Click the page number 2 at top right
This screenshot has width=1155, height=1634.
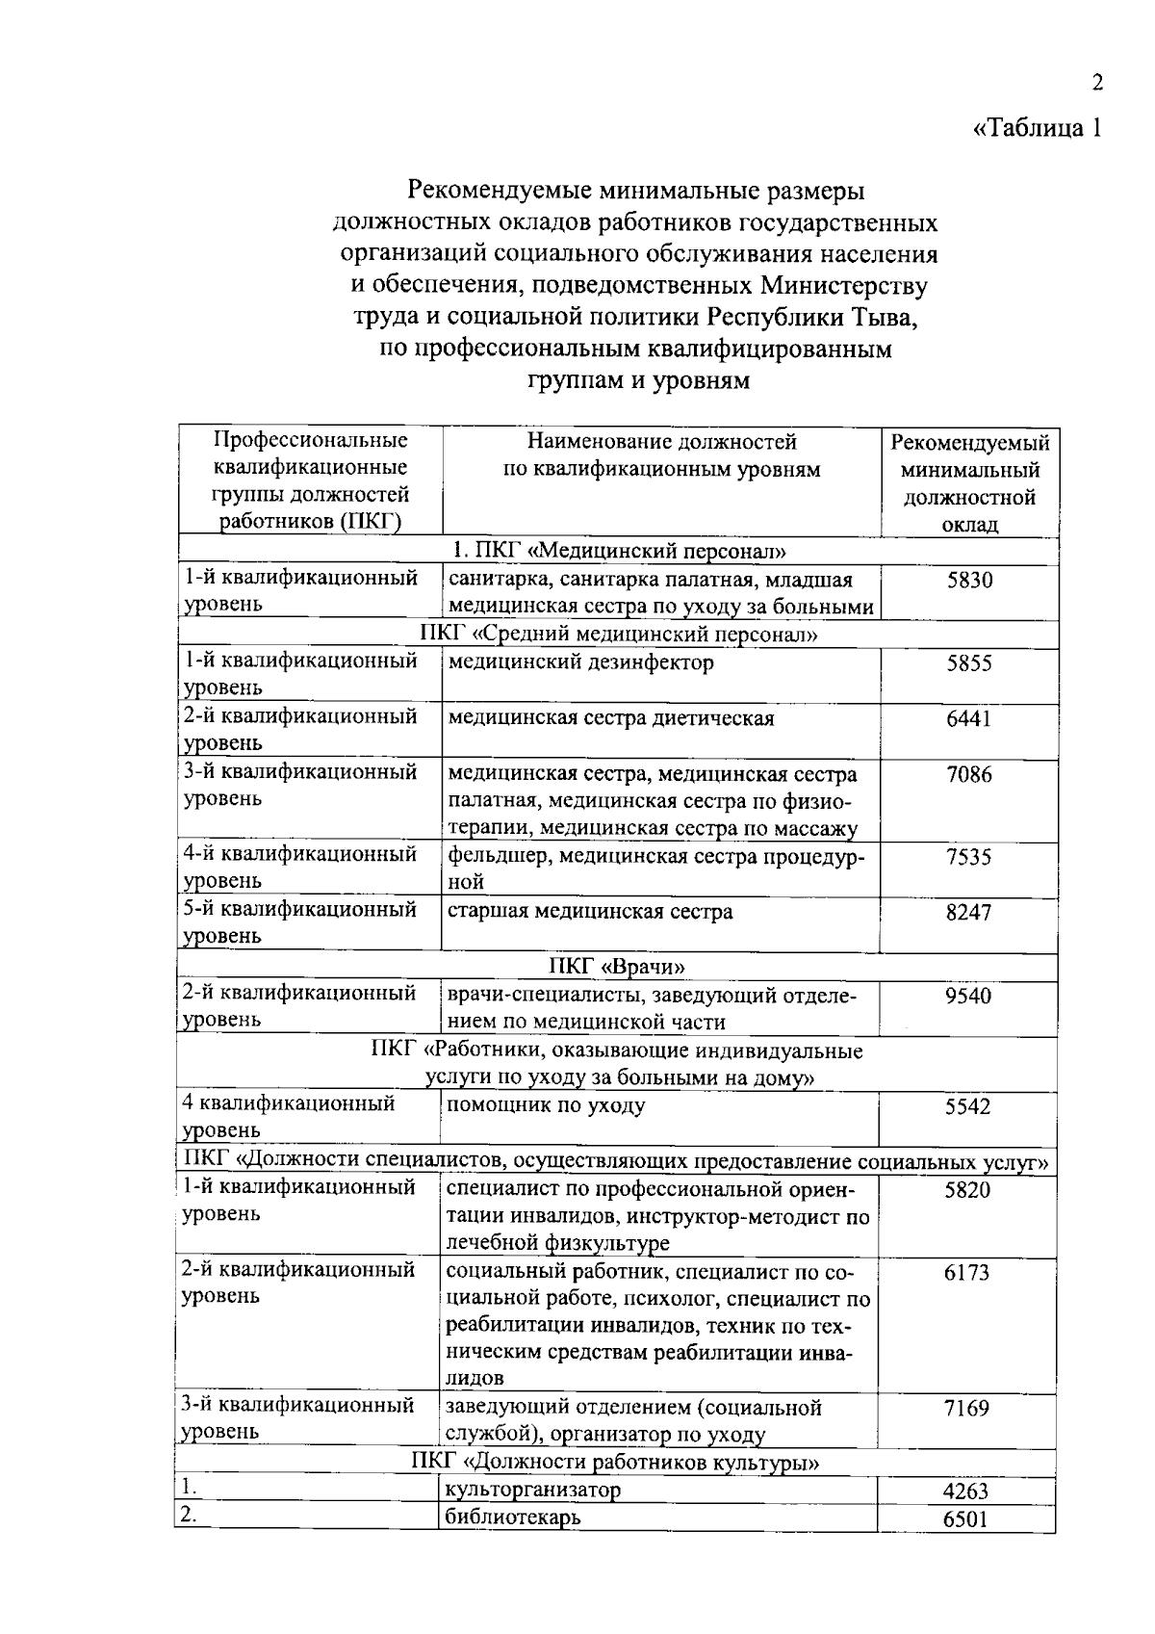tap(1096, 83)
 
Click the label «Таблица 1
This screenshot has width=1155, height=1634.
tap(1036, 128)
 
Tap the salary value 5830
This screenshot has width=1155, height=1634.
tap(969, 581)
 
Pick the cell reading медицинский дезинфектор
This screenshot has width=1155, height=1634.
tap(580, 663)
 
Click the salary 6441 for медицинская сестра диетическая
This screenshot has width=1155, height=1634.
tap(968, 719)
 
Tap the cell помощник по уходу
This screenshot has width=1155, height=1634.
tap(545, 1105)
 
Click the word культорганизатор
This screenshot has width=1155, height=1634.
tap(533, 1490)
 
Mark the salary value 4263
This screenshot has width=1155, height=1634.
tap(965, 1492)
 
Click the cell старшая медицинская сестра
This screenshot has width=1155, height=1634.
tap(589, 912)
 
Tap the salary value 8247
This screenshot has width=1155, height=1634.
tap(968, 914)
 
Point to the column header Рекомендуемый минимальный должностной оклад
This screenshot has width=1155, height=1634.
tap(969, 483)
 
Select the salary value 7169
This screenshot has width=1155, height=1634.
tap(966, 1410)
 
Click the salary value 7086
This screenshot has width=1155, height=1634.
tap(968, 775)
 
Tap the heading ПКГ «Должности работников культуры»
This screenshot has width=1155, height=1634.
tap(616, 1464)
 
